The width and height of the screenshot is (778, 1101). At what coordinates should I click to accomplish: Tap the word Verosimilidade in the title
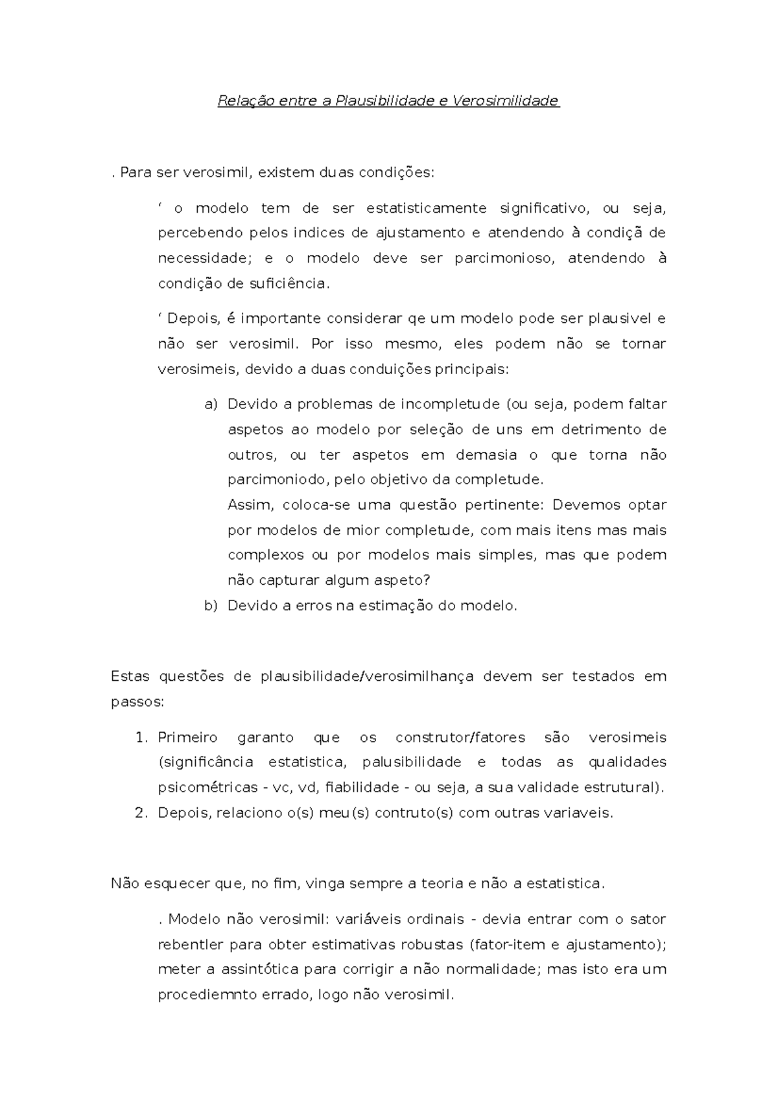pos(506,101)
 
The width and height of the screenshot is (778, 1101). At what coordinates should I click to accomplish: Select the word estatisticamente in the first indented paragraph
pos(426,208)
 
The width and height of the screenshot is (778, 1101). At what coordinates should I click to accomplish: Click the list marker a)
pos(211,405)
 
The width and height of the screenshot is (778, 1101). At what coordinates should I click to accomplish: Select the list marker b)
pos(211,606)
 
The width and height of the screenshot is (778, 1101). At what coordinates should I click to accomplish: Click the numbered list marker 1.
pos(142,738)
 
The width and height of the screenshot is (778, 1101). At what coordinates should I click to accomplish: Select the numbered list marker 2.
pos(142,813)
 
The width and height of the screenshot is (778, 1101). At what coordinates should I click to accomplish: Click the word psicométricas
pos(207,788)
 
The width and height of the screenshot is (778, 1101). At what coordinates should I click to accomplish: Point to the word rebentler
pos(190,945)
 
